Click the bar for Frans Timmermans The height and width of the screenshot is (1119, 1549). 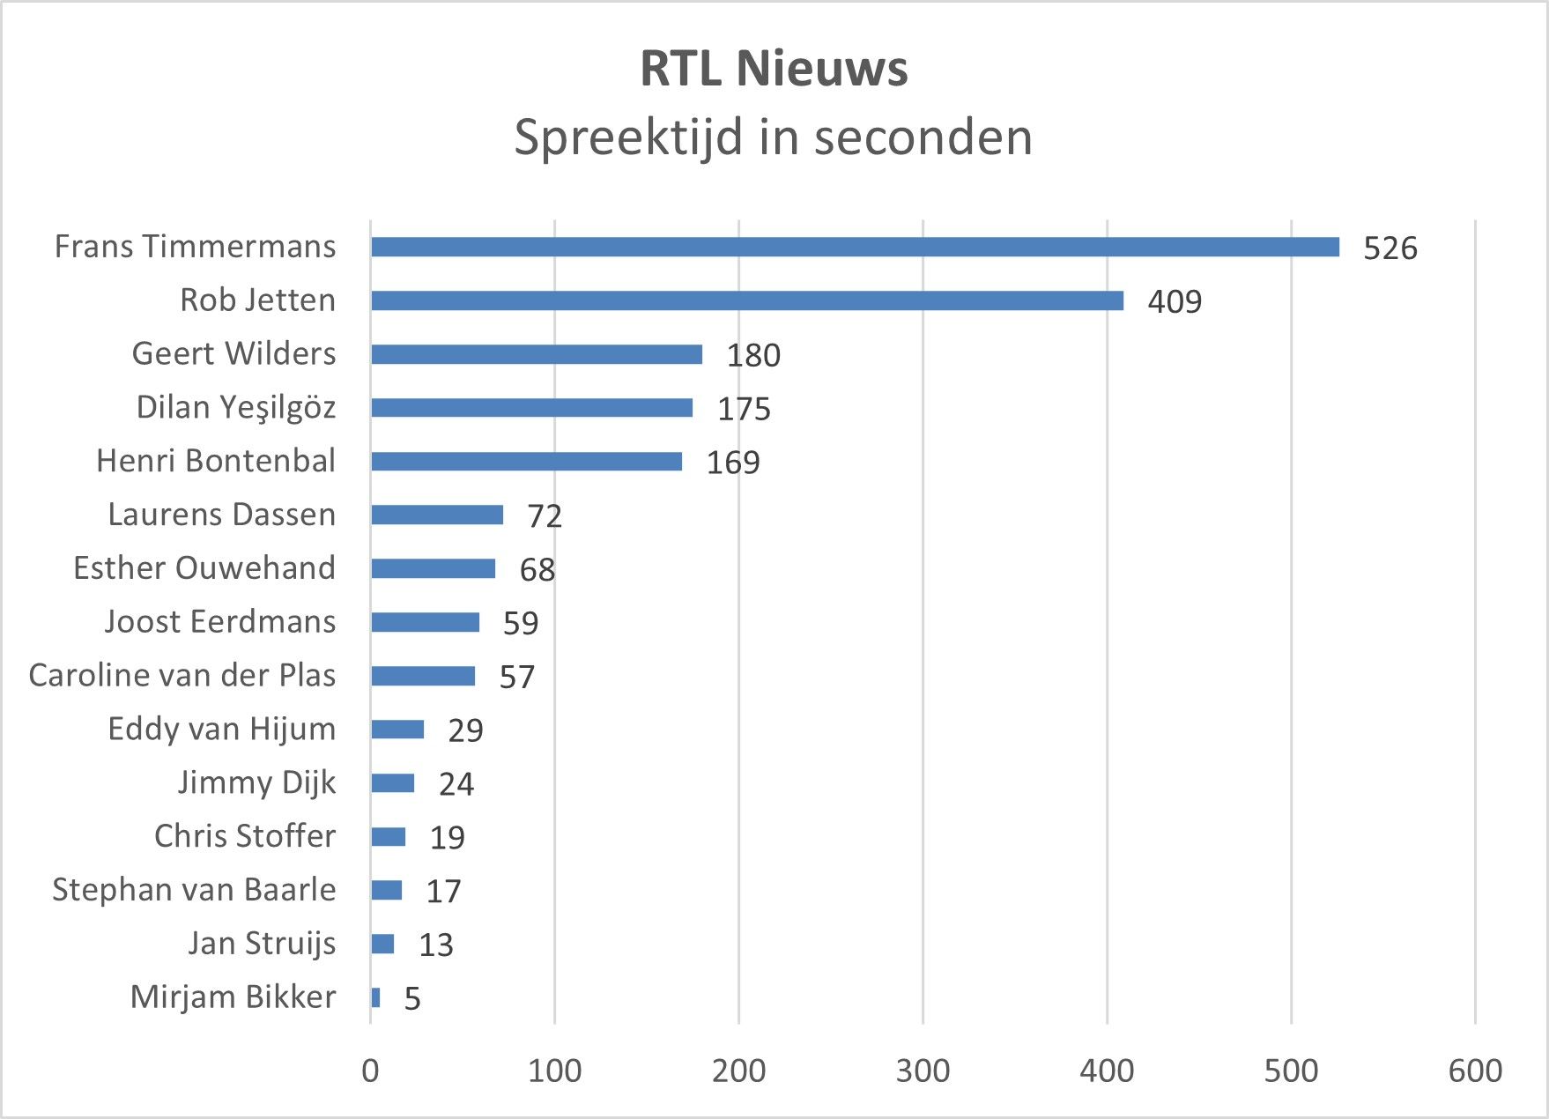click(855, 248)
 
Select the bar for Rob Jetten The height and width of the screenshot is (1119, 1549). click(747, 301)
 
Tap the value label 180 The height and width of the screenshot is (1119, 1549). click(753, 355)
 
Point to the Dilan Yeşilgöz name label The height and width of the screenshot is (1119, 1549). click(235, 408)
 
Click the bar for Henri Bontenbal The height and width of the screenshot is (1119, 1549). click(526, 462)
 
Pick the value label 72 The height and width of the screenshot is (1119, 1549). click(545, 515)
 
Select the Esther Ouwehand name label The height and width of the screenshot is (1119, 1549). click(204, 568)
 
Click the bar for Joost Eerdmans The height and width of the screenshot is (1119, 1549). click(425, 623)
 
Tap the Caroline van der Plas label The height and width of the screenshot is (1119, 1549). click(182, 676)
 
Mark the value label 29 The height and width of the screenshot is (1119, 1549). click(465, 730)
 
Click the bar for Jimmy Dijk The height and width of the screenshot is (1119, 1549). click(392, 783)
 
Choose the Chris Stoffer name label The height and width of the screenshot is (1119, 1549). click(244, 836)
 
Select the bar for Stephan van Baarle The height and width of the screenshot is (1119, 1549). click(386, 891)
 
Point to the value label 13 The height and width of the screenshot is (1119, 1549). click(435, 945)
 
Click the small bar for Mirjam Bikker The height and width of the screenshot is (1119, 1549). click(375, 998)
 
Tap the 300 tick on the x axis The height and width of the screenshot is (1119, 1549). click(923, 1071)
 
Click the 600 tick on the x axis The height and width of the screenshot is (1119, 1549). click(1475, 1071)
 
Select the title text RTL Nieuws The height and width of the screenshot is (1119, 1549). click(774, 69)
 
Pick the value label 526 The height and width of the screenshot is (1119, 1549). click(1390, 248)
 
